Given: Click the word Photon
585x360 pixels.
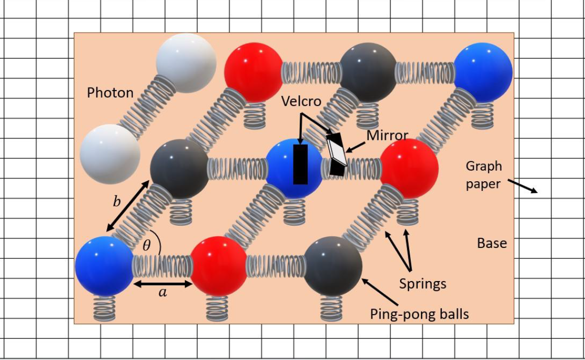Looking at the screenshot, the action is click(x=110, y=93).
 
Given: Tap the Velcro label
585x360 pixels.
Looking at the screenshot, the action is click(x=301, y=101).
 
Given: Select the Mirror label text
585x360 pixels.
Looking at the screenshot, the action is click(x=387, y=135).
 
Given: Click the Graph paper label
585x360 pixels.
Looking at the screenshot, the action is click(x=484, y=175).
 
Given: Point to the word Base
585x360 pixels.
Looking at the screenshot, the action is click(x=492, y=243).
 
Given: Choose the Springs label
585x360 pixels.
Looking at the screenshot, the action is click(x=423, y=284).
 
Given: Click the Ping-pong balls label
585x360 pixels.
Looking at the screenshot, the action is click(x=419, y=314).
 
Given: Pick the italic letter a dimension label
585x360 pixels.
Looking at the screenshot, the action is click(x=163, y=293).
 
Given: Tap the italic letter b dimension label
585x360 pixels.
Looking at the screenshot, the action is click(x=117, y=201).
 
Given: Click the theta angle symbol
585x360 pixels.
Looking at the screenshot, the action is click(x=147, y=245).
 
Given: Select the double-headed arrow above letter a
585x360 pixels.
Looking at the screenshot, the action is click(x=163, y=284).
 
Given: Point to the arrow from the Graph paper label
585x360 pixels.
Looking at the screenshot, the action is click(x=523, y=186).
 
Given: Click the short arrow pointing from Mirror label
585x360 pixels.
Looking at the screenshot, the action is click(x=355, y=147).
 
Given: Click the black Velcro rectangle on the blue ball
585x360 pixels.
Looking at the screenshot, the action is click(x=300, y=164).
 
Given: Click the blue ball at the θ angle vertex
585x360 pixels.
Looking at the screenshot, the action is click(x=104, y=266).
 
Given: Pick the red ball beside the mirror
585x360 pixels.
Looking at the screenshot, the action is click(x=409, y=169).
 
